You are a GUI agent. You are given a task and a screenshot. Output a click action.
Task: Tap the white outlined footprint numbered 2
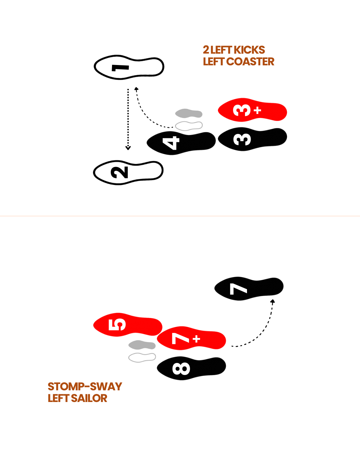(128, 172)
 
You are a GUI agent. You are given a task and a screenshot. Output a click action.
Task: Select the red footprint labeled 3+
(252, 110)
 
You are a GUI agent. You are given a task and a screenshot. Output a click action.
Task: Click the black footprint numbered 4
(181, 143)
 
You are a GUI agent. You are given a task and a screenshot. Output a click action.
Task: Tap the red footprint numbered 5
(128, 325)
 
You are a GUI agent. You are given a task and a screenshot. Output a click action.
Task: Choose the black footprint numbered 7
(249, 288)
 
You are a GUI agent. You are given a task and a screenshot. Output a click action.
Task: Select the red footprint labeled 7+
(191, 339)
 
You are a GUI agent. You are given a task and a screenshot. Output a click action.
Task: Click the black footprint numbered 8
(191, 368)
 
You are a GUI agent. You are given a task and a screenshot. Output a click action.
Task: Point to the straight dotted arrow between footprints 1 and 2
(128, 119)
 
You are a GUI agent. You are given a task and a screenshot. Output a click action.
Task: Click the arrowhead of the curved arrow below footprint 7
(273, 301)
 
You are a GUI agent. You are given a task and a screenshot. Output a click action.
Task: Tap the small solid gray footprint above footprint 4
(189, 114)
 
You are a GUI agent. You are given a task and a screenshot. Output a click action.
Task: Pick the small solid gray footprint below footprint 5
(142, 345)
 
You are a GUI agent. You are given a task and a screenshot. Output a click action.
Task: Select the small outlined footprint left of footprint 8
(142, 357)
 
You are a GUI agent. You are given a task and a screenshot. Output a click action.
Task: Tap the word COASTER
(250, 62)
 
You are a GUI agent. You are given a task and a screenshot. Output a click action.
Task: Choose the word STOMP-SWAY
(85, 387)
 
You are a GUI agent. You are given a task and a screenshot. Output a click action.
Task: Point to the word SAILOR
(89, 398)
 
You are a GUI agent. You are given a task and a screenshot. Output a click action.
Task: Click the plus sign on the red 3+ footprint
(257, 110)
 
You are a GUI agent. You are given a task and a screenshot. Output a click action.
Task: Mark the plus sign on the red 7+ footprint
(197, 339)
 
